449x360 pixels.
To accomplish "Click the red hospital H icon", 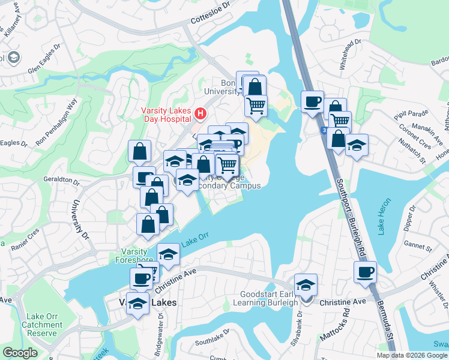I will click(200, 112).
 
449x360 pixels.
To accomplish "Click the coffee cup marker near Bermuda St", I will click(364, 273).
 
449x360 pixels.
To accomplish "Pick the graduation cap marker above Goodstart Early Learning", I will click(306, 284).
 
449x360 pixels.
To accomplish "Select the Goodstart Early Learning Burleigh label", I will click(270, 298).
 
